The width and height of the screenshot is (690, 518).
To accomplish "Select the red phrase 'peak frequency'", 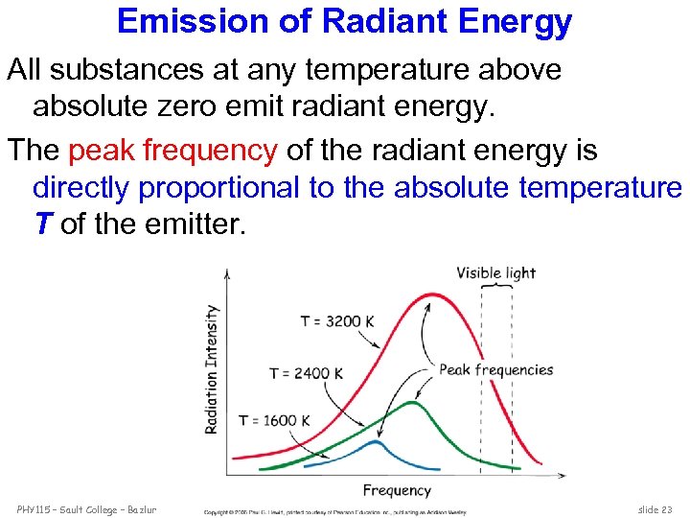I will click(x=173, y=151).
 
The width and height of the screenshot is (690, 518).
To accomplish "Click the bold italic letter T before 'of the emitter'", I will click(x=42, y=224).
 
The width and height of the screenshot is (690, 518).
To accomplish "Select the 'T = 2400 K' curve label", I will click(x=306, y=373).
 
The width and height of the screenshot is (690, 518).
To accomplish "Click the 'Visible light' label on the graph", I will click(x=495, y=273).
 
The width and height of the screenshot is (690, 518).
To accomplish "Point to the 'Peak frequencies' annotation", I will click(x=495, y=369).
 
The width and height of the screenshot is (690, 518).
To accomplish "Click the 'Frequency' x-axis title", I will click(x=397, y=490).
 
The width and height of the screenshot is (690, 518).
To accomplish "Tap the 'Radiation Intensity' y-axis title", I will click(x=212, y=369).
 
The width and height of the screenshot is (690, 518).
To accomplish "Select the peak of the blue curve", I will click(x=376, y=442).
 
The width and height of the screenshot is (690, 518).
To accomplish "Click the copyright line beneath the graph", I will click(x=334, y=512).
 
